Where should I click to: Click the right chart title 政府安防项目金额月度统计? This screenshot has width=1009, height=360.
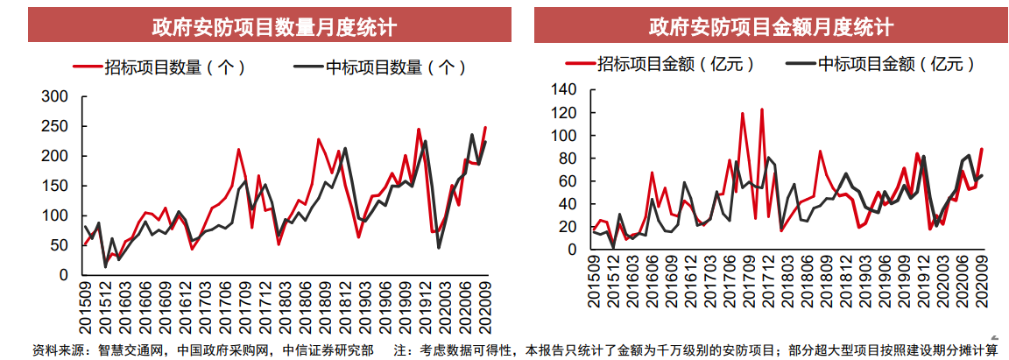coord(771,25)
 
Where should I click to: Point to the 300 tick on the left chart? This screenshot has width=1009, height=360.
coord(55,96)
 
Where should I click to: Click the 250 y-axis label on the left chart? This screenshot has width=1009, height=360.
coord(55,126)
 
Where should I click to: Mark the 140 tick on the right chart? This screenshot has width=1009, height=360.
coord(565,88)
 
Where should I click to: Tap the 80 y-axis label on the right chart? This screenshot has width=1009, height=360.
coord(569,159)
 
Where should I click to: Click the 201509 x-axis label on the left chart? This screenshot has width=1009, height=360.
coord(86,310)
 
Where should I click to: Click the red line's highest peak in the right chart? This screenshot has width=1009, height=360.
coord(762,109)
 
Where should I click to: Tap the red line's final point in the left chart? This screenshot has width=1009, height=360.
coord(485,128)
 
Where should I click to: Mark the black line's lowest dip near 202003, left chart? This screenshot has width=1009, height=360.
coord(438,248)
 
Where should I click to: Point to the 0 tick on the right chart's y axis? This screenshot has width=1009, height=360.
coord(574,250)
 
